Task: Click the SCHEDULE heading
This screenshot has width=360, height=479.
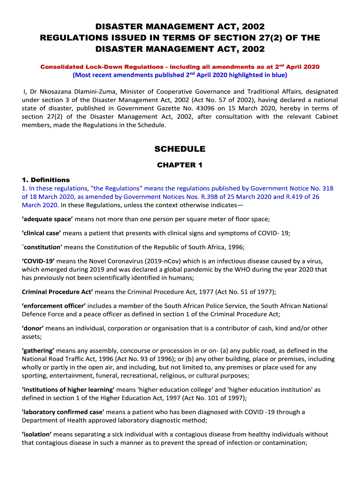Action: [180, 149]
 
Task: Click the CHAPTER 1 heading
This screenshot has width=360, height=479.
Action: [180, 165]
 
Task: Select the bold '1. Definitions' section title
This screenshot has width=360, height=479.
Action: [46, 180]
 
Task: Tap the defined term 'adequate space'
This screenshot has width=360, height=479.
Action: [47, 219]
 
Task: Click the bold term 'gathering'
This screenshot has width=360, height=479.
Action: [38, 350]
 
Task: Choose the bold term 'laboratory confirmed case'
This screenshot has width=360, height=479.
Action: [63, 412]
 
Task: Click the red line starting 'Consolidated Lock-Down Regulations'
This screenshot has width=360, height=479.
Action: [180, 67]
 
